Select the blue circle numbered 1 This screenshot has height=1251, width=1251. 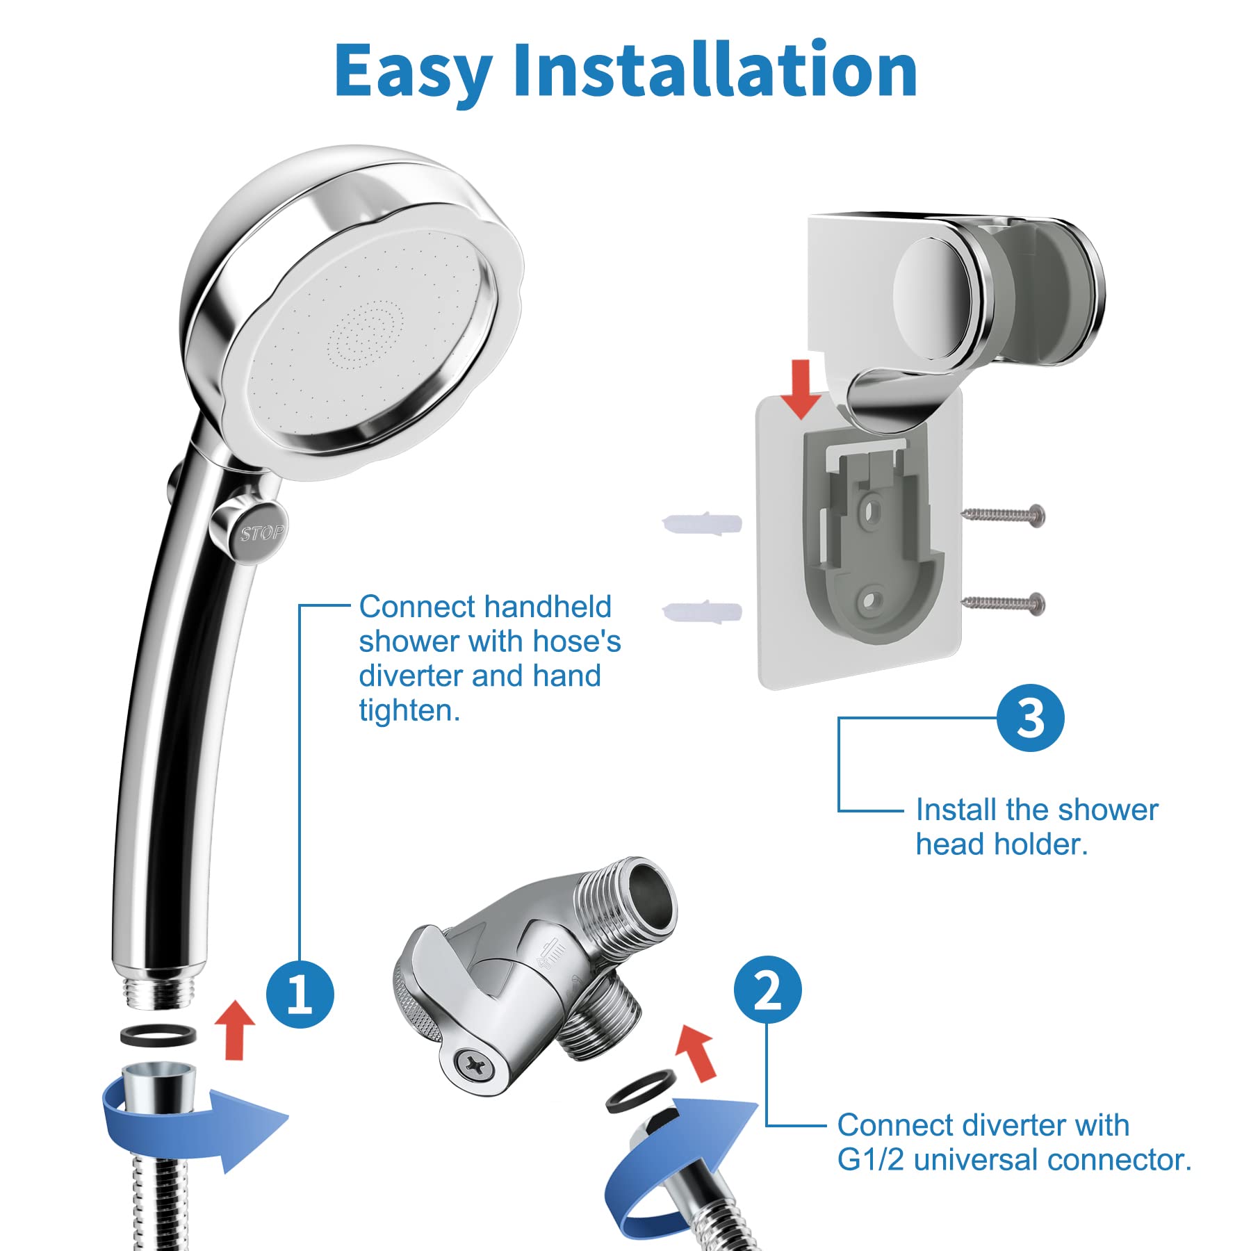pyautogui.click(x=300, y=995)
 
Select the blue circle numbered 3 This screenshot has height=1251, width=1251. pyautogui.click(x=1030, y=718)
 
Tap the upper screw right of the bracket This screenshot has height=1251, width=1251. pyautogui.click(x=1004, y=515)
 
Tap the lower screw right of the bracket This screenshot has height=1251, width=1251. pyautogui.click(x=1004, y=603)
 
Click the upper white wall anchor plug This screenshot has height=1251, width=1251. pyautogui.click(x=703, y=523)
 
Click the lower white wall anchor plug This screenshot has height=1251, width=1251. pyautogui.click(x=703, y=612)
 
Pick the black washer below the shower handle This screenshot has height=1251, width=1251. pyautogui.click(x=158, y=1035)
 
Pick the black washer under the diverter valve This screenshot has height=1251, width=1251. pyautogui.click(x=641, y=1090)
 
